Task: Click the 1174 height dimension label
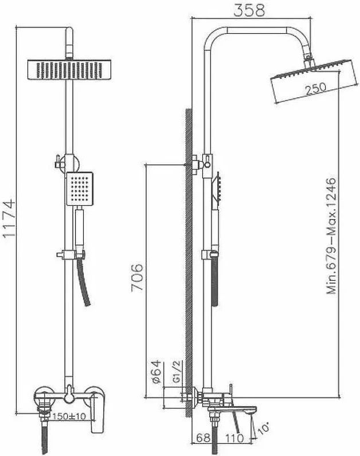click(x=9, y=219)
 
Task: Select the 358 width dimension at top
click(x=249, y=10)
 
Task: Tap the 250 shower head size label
click(x=315, y=88)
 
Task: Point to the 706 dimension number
click(x=137, y=277)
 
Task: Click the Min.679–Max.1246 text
click(x=331, y=236)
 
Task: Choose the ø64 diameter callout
click(x=156, y=372)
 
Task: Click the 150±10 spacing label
click(x=69, y=416)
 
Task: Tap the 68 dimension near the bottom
click(x=203, y=438)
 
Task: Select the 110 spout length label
click(x=234, y=438)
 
